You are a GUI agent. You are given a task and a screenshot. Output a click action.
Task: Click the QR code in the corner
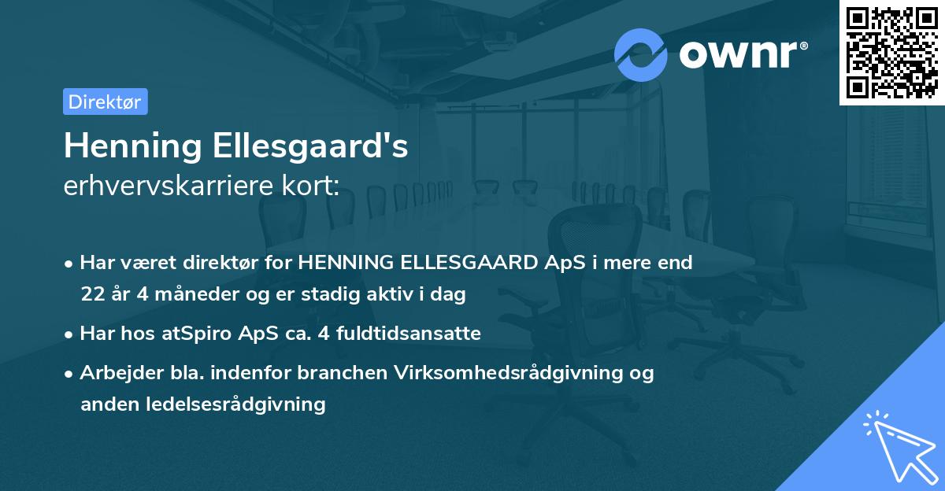tap(891, 52)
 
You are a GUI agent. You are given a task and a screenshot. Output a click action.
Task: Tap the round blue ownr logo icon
tap(641, 54)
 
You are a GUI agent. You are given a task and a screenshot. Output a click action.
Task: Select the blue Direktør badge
tap(105, 102)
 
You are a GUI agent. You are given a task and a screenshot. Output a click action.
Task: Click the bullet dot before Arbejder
tap(70, 373)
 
